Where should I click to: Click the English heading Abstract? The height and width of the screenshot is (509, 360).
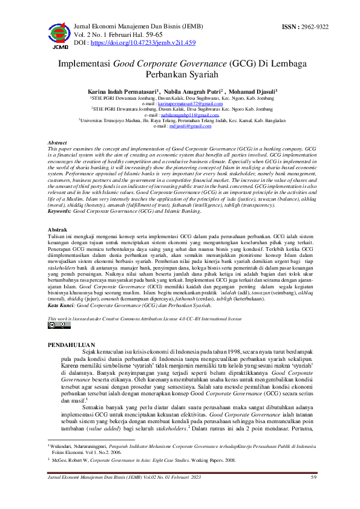[57, 142]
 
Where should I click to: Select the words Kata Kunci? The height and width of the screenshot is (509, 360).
[61, 306]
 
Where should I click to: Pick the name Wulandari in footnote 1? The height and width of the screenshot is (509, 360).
[62, 446]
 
